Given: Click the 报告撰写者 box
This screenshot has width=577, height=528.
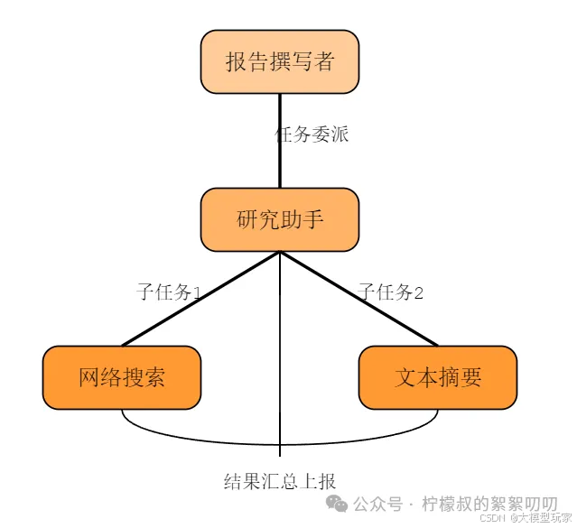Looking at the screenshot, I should click(x=279, y=61).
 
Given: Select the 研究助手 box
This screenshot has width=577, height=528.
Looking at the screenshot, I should click(x=279, y=219).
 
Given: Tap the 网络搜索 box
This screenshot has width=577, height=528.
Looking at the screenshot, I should click(x=122, y=377).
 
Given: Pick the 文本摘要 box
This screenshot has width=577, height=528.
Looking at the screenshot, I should click(x=438, y=377).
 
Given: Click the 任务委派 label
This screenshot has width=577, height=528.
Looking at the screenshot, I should click(x=312, y=135).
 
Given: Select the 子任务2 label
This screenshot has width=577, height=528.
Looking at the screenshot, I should click(x=391, y=292).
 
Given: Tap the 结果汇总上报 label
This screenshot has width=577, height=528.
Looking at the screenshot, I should click(x=280, y=480).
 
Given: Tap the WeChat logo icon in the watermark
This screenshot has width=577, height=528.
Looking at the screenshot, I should click(x=336, y=504).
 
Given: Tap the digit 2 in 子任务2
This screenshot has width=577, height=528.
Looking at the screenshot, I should click(x=418, y=293).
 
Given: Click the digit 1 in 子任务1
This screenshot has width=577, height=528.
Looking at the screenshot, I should click(x=196, y=293).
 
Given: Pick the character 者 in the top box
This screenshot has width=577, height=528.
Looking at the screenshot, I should click(x=322, y=61).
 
